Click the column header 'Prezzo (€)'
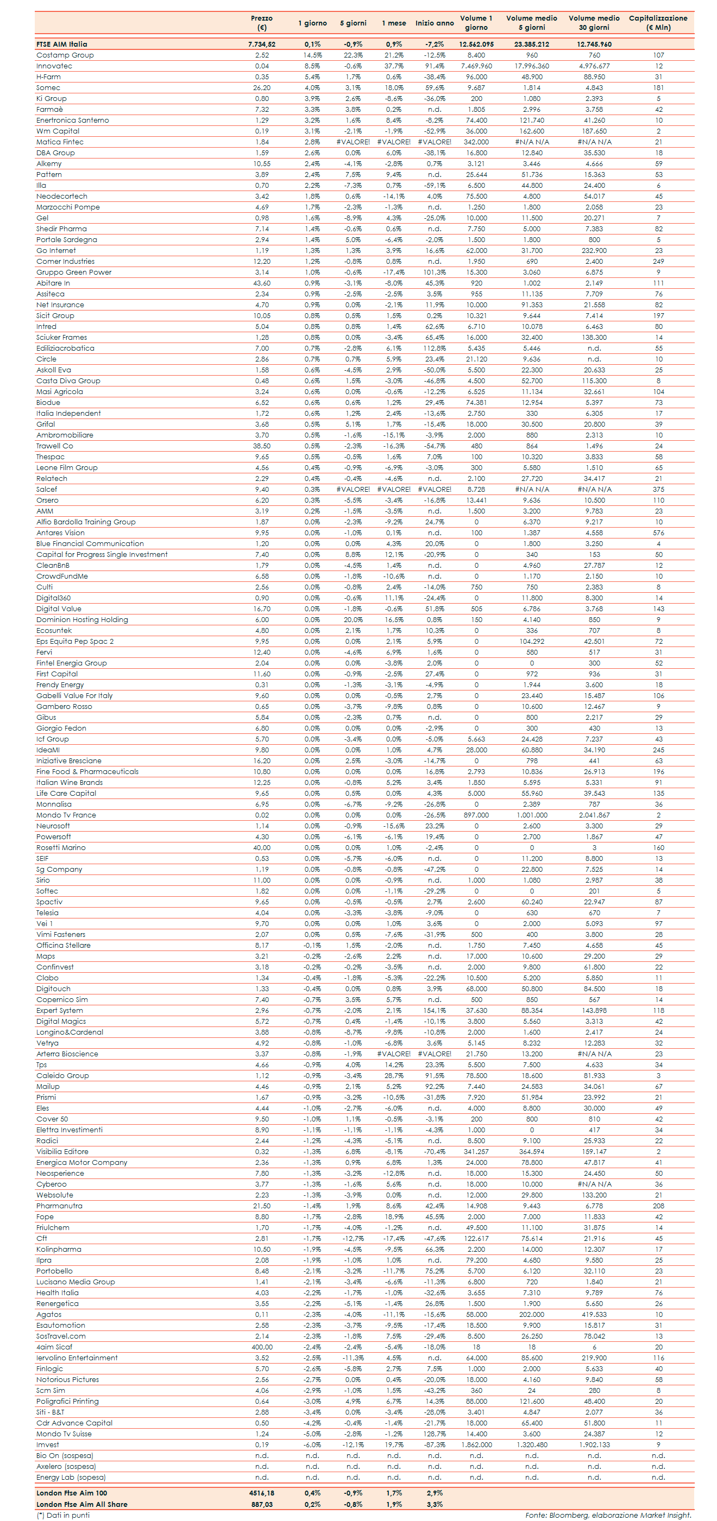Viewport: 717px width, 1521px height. pyautogui.click(x=262, y=23)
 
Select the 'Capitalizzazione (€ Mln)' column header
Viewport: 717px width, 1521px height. pyautogui.click(x=658, y=23)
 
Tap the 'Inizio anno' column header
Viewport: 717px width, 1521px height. pyautogui.click(x=434, y=23)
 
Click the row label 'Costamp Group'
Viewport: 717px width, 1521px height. pyautogui.click(x=65, y=55)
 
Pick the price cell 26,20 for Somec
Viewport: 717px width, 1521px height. pyautogui.click(x=262, y=88)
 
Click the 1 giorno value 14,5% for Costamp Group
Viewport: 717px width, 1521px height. pyautogui.click(x=312, y=55)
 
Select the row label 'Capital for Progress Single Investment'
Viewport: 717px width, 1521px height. pyautogui.click(x=102, y=554)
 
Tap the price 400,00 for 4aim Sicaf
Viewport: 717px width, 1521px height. pyautogui.click(x=262, y=1347)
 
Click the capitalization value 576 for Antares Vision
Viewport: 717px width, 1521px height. pyautogui.click(x=658, y=533)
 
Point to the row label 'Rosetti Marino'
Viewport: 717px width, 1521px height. pyautogui.click(x=61, y=847)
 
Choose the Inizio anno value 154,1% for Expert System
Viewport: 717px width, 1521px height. pyautogui.click(x=434, y=1010)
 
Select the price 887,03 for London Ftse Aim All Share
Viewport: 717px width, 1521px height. pyautogui.click(x=261, y=1504)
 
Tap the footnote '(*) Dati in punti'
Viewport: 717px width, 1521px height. pyautogui.click(x=63, y=1515)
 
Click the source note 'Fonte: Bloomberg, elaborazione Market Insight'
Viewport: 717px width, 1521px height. pyautogui.click(x=608, y=1515)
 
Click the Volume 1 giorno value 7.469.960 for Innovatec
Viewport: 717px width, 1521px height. pyautogui.click(x=476, y=66)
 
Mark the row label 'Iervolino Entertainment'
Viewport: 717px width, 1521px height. pyautogui.click(x=77, y=1358)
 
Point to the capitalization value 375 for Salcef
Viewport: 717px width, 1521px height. pyautogui.click(x=658, y=490)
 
